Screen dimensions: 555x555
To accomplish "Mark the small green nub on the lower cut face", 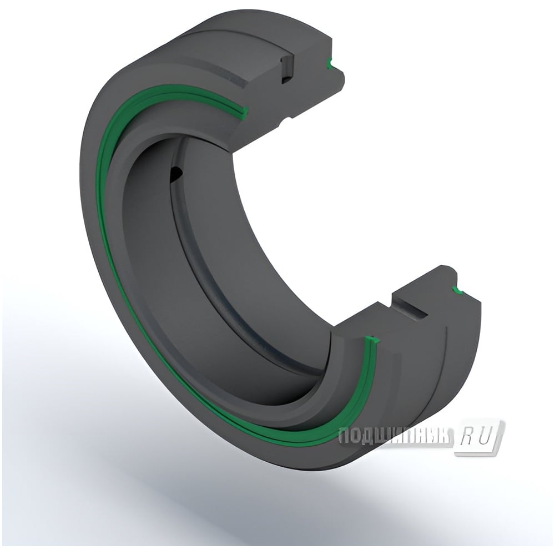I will pyautogui.click(x=458, y=290).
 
